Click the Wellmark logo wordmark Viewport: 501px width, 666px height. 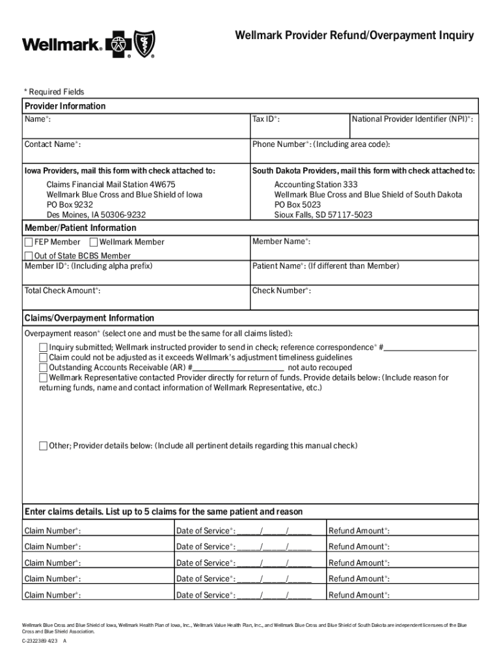click(x=62, y=45)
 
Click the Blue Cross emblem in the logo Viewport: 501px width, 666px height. click(x=118, y=45)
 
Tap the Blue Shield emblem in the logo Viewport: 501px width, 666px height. click(x=144, y=44)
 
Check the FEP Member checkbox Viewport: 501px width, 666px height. click(x=29, y=242)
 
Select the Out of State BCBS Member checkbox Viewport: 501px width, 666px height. click(x=29, y=256)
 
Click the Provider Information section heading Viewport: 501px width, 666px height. click(x=65, y=106)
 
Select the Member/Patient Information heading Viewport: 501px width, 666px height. click(x=81, y=228)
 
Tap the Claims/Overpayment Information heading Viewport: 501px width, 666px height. click(x=89, y=318)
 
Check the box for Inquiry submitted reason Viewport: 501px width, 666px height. click(x=44, y=347)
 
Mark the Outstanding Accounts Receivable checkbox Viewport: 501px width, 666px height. click(x=44, y=367)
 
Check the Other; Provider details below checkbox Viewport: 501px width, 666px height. click(x=44, y=446)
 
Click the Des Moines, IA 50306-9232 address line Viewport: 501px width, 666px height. click(x=96, y=215)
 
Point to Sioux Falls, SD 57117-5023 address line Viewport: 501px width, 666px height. click(x=323, y=215)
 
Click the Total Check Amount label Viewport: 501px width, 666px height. click(x=62, y=291)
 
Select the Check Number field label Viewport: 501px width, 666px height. click(x=281, y=291)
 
